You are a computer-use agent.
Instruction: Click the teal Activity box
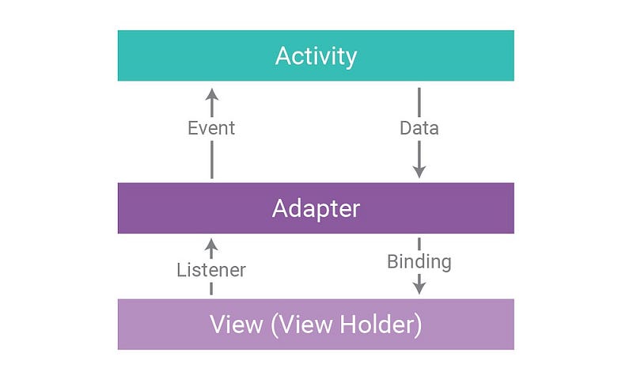(x=316, y=55)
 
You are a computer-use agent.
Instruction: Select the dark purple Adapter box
(x=316, y=208)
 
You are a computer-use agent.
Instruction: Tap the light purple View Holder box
(x=316, y=325)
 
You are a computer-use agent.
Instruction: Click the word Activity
(x=316, y=56)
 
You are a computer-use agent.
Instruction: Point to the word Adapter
(x=316, y=209)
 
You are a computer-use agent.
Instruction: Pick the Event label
(x=211, y=128)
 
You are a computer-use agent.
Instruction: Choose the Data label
(x=419, y=128)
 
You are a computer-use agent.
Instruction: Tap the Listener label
(x=211, y=270)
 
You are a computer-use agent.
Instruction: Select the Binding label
(x=419, y=262)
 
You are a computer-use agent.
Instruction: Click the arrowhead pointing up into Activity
(x=212, y=94)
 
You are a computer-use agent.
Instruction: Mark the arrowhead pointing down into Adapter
(x=419, y=172)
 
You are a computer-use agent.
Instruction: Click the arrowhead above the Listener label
(x=211, y=245)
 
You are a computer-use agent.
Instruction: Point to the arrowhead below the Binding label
(x=419, y=288)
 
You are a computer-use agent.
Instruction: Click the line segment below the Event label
(x=212, y=159)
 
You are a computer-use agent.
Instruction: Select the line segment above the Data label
(x=419, y=103)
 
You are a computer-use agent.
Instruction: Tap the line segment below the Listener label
(x=211, y=288)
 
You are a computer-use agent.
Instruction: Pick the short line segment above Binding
(x=419, y=244)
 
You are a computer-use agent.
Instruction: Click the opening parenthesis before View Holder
(x=275, y=325)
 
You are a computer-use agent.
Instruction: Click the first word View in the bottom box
(x=236, y=325)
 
